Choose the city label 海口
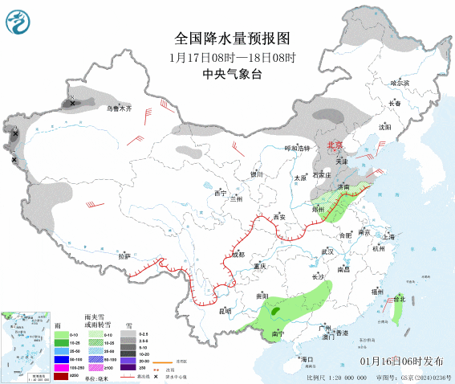tap(305, 358)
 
